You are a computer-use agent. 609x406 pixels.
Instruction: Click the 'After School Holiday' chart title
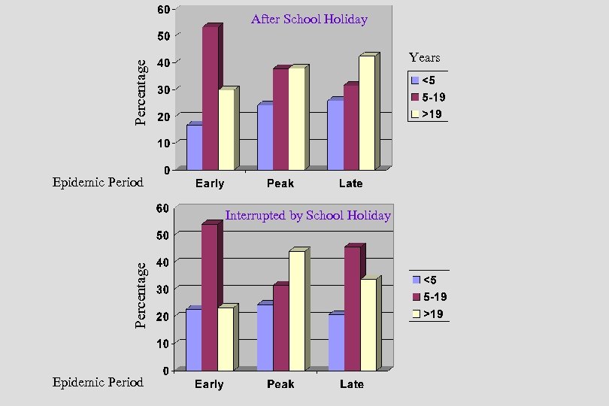pos(309,20)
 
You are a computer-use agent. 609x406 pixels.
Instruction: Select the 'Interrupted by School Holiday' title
pos(308,216)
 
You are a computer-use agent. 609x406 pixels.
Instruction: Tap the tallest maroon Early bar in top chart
pos(210,98)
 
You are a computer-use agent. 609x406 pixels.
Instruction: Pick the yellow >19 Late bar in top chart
pos(366,113)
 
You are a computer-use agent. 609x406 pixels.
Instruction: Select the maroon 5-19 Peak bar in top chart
pos(280,119)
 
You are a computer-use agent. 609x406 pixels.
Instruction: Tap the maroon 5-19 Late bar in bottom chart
pos(352,308)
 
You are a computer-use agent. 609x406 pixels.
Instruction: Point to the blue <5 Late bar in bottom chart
pos(336,342)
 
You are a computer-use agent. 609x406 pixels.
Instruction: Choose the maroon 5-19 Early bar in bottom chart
pos(209,297)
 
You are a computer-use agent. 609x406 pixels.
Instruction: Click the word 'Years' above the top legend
pos(425,58)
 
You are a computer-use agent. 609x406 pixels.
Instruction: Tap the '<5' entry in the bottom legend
pos(430,280)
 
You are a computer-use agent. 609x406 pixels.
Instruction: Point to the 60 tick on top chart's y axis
pos(163,10)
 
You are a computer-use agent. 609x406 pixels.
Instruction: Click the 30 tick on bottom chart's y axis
pos(162,289)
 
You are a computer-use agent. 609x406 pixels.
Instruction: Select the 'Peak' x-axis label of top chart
pos(280,183)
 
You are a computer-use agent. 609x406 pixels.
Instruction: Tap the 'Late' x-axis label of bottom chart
pos(351,384)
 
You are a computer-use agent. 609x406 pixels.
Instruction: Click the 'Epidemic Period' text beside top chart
pos(98,182)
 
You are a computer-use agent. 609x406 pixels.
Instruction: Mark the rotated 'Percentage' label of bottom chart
pos(141,295)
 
